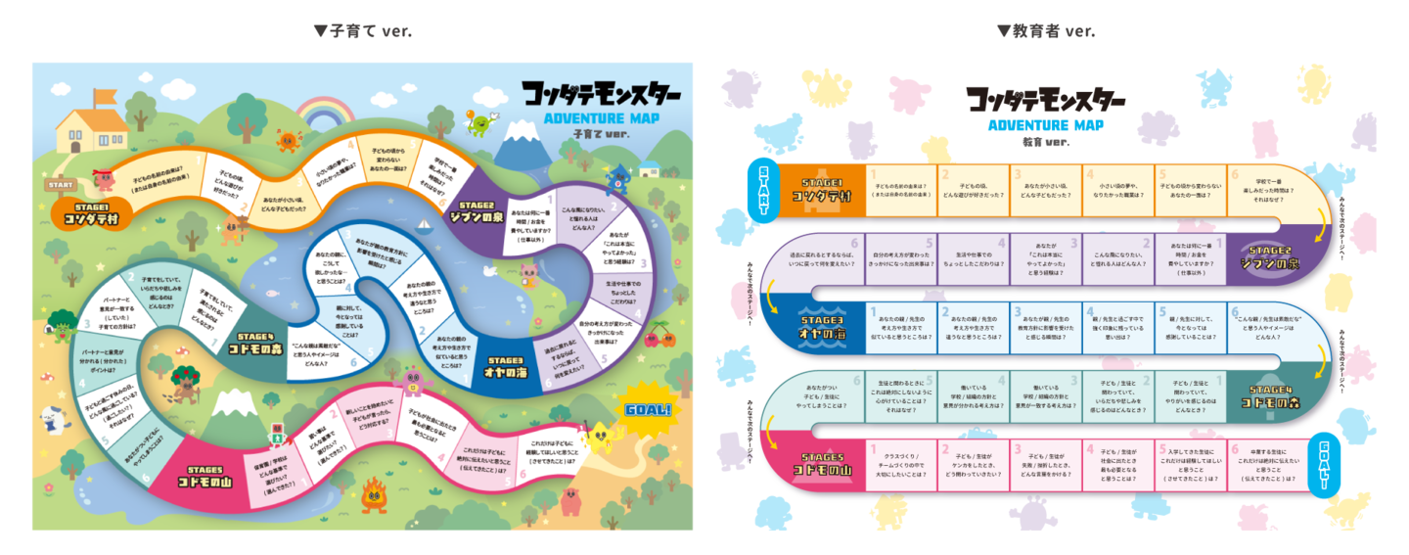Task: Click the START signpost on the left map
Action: pyautogui.click(x=61, y=183)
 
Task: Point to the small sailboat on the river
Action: pyautogui.click(x=424, y=226)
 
